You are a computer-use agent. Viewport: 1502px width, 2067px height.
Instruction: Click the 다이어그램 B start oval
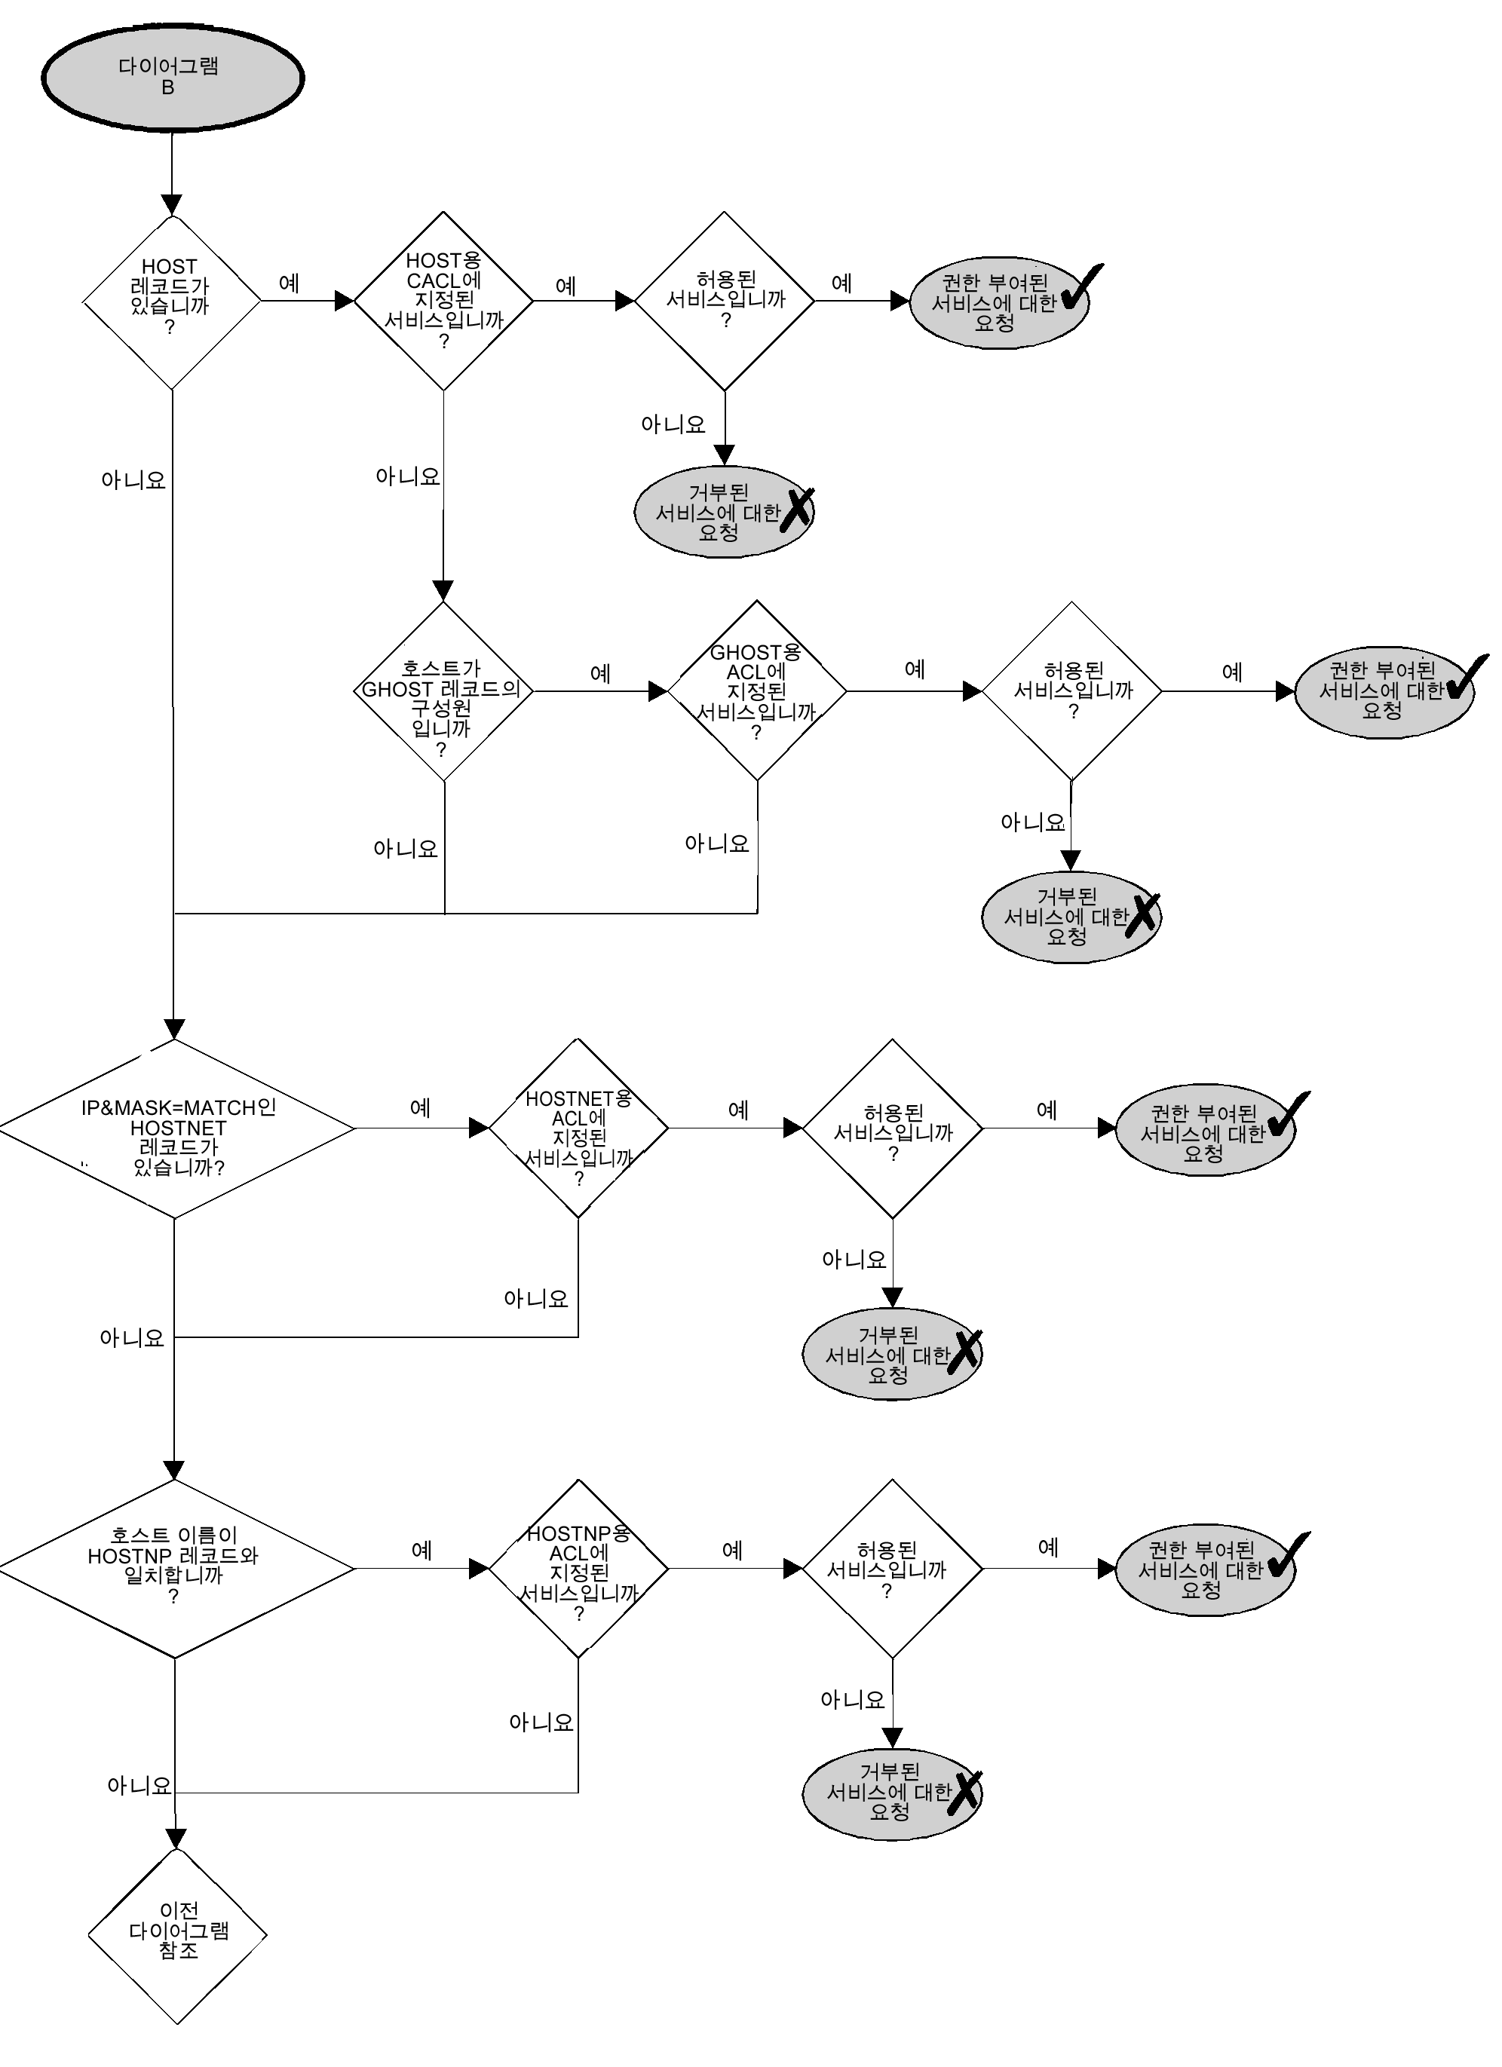[x=171, y=78]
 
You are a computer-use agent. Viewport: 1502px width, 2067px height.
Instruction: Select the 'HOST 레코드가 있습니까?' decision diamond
[x=171, y=301]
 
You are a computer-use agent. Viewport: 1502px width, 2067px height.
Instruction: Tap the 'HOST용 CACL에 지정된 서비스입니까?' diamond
[x=443, y=301]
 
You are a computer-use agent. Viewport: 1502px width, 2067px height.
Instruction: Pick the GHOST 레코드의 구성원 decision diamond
[x=443, y=691]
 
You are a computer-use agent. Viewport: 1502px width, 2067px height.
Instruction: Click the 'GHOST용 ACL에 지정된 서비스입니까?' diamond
[x=756, y=691]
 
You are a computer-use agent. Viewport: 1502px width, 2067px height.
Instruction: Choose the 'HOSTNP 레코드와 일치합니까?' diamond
[x=175, y=1569]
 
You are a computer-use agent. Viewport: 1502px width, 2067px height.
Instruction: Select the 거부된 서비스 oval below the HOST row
[x=724, y=512]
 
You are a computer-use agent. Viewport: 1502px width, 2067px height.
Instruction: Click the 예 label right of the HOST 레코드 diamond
[x=289, y=283]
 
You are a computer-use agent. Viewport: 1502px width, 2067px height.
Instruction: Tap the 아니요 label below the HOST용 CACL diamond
[x=407, y=476]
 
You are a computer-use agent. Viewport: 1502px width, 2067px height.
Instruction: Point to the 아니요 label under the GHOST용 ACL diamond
[x=717, y=844]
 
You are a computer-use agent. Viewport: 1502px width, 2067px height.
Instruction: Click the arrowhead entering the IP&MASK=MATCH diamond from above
[x=174, y=1029]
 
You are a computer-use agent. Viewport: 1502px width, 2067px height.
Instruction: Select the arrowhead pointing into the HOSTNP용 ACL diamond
[x=479, y=1569]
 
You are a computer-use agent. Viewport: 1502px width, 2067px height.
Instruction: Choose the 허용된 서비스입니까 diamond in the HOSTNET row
[x=892, y=1128]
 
